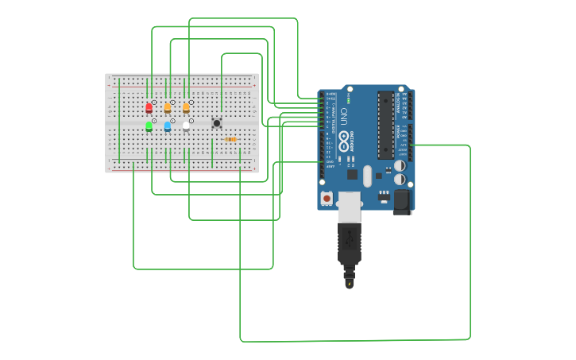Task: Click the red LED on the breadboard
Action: (x=149, y=107)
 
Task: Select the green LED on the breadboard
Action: (x=149, y=126)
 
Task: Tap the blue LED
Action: (x=168, y=126)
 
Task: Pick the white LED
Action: (x=186, y=126)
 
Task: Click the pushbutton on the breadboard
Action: (x=216, y=122)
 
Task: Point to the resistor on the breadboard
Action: (x=230, y=139)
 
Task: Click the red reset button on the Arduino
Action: (x=326, y=197)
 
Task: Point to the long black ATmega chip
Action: (x=385, y=125)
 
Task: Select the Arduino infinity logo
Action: (x=344, y=142)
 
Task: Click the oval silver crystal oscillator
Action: (x=367, y=176)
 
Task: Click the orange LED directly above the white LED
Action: (x=186, y=107)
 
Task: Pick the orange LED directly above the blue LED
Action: (x=168, y=107)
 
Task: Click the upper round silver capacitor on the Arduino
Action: (x=400, y=166)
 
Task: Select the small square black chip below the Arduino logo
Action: (x=352, y=174)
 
